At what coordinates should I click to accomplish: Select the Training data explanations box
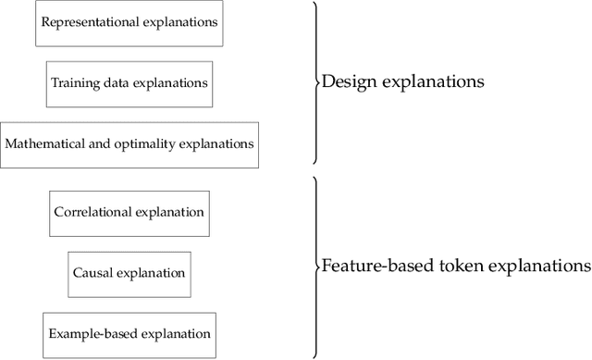pyautogui.click(x=129, y=82)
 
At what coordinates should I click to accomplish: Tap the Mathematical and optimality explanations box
pyautogui.click(x=129, y=144)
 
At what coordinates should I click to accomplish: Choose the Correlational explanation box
pyautogui.click(x=129, y=212)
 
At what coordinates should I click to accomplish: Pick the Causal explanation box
pyautogui.click(x=129, y=273)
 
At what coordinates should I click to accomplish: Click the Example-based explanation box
pyautogui.click(x=129, y=333)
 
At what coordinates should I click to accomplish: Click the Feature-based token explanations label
pyautogui.click(x=454, y=267)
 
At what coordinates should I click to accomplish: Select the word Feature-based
pyautogui.click(x=364, y=267)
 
